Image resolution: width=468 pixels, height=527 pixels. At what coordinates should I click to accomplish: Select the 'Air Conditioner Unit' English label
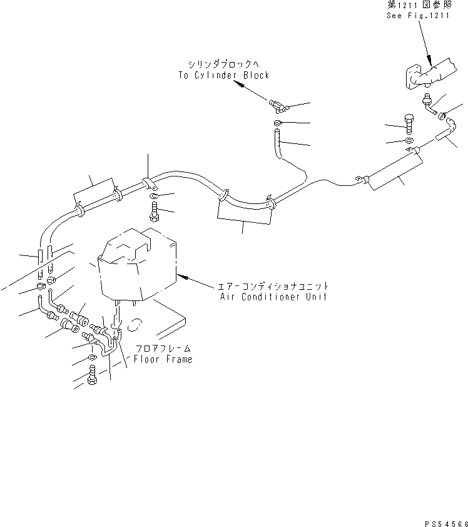tap(273, 297)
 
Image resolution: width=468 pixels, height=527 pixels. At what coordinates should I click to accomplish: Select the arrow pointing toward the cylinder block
tap(253, 92)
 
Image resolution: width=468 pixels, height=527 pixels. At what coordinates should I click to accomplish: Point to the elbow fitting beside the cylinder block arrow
tap(276, 105)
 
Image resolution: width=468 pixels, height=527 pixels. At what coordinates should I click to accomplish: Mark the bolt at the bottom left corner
tap(92, 376)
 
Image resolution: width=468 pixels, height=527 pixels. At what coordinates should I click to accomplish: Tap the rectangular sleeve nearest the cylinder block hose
tap(244, 211)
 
